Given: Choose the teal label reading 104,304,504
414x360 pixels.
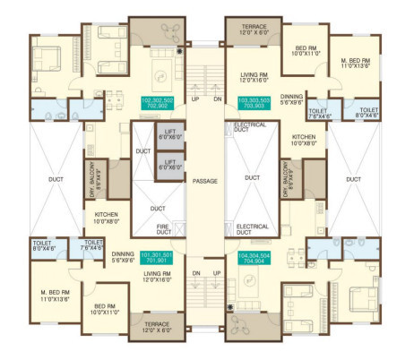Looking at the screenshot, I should [255, 259].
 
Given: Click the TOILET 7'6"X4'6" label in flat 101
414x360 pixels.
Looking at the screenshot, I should [92, 245].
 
